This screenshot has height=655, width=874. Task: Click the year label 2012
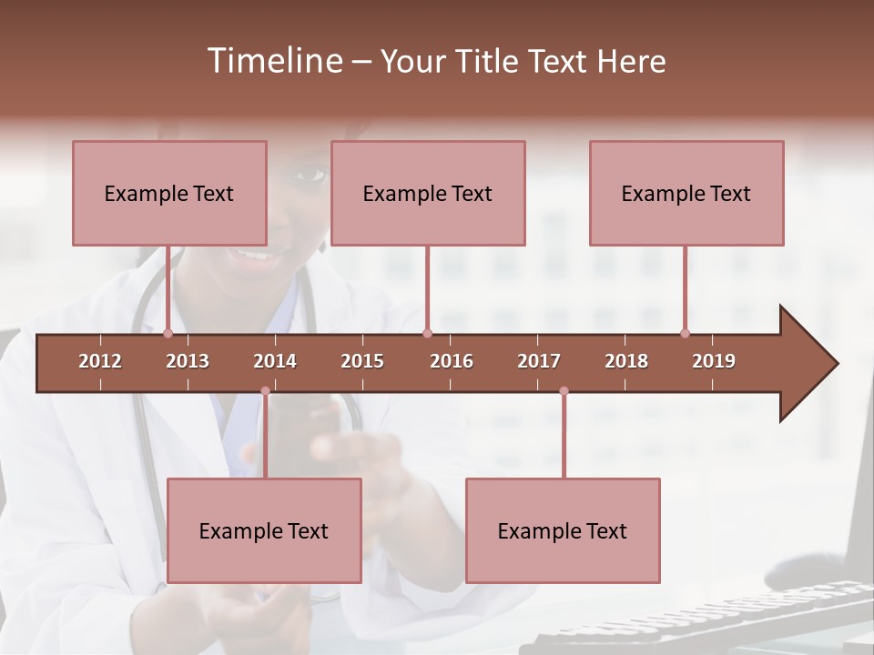(100, 361)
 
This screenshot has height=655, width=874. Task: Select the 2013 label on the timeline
(188, 361)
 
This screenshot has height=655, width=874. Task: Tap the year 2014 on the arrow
(275, 361)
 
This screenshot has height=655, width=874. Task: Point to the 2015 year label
(362, 361)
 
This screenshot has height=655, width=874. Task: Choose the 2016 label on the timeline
(452, 361)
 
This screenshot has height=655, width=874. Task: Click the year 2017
(539, 361)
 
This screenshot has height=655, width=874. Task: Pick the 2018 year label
(626, 361)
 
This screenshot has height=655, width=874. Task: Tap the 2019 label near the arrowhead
(714, 361)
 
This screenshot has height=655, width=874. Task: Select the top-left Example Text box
(169, 193)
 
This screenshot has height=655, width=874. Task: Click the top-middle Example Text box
(428, 193)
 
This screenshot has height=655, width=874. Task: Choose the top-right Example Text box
(686, 193)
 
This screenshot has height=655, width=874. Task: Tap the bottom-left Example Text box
(264, 530)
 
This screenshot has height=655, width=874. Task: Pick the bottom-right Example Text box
(563, 530)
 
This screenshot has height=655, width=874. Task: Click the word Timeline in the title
(272, 61)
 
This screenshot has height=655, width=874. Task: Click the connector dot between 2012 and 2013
(168, 334)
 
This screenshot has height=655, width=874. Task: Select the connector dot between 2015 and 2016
(427, 334)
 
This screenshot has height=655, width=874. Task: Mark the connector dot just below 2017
(564, 391)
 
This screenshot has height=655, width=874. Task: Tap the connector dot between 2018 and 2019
(685, 334)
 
